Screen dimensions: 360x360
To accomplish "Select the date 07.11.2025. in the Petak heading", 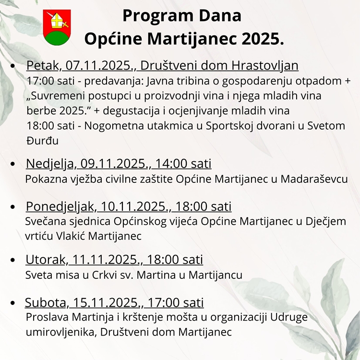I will click(x=94, y=65).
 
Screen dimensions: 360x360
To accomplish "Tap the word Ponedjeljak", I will click(x=60, y=207).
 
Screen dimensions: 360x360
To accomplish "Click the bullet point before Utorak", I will click(x=13, y=260).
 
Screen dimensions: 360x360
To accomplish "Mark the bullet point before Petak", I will click(x=13, y=65).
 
